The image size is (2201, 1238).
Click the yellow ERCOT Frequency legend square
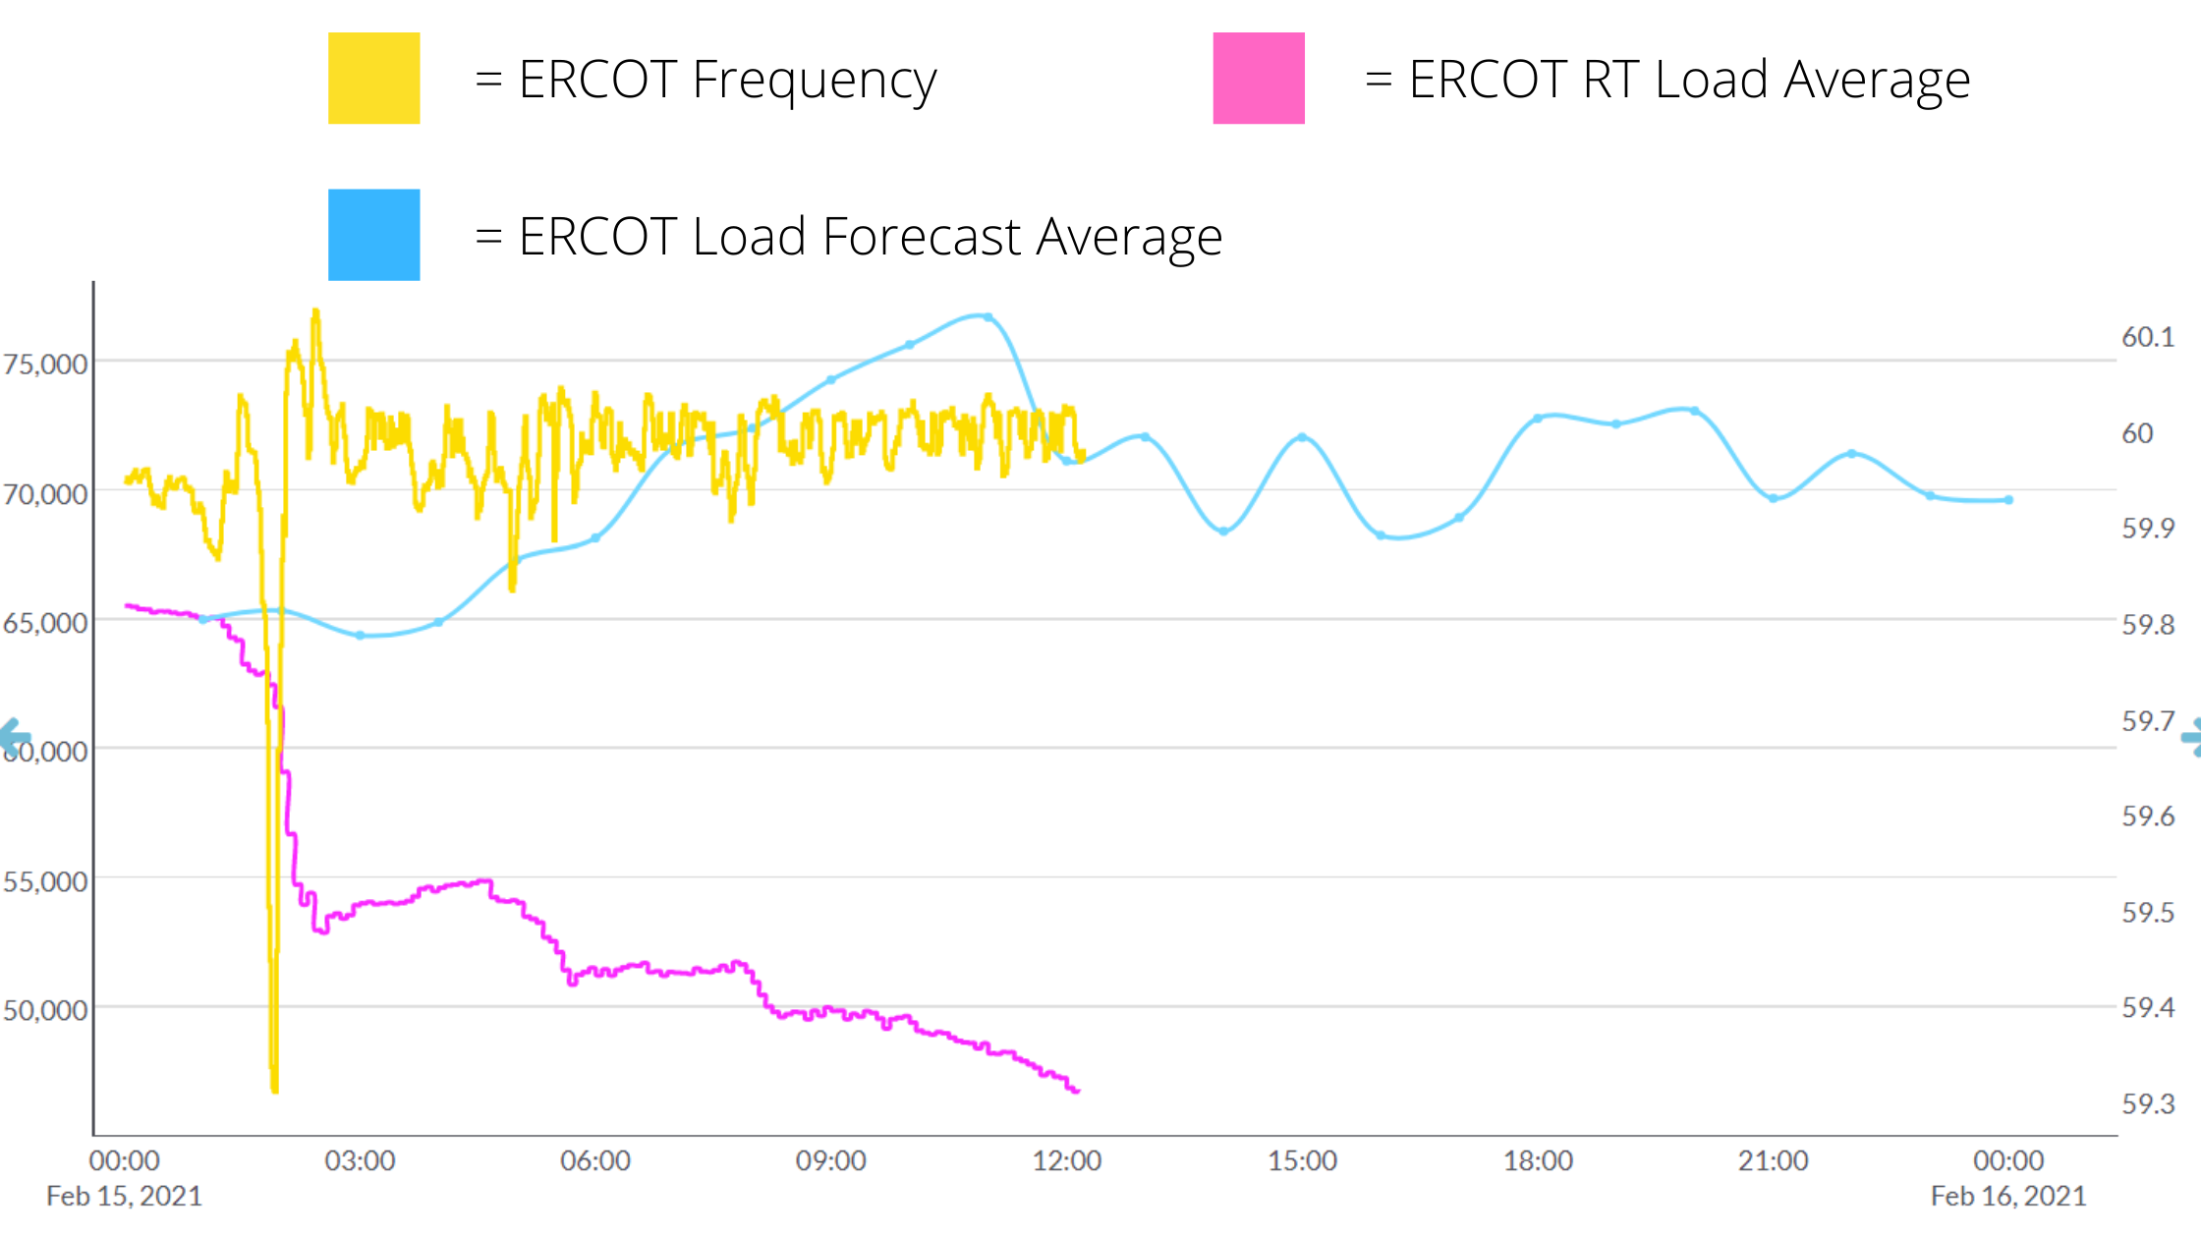(373, 79)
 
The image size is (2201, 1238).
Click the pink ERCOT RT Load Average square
(1259, 79)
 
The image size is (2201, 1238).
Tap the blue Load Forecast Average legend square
(373, 235)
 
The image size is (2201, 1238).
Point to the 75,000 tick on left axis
(45, 365)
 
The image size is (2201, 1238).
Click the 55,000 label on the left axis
(45, 881)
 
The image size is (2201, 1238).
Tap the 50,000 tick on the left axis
(45, 1010)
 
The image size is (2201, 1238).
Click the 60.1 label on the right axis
(2148, 337)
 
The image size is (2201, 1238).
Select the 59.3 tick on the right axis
(2148, 1103)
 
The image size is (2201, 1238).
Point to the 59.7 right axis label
(2148, 721)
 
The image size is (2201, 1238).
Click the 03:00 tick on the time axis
(360, 1160)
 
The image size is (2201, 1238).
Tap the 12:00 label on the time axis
(1066, 1160)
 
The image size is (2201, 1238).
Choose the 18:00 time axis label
(1538, 1160)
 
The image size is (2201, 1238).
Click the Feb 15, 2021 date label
(124, 1196)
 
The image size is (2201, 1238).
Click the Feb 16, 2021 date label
(2008, 1196)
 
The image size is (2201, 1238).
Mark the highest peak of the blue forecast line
(986, 316)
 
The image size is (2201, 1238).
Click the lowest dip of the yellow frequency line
(274, 1089)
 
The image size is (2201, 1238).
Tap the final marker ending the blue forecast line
(2008, 500)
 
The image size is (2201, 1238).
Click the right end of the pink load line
(1077, 1091)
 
